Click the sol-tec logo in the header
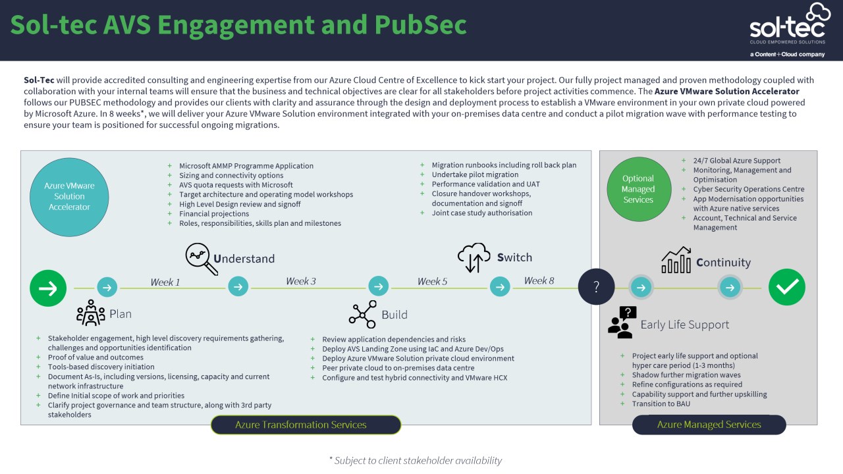point(787,29)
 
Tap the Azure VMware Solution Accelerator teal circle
point(69,196)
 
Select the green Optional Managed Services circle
point(638,189)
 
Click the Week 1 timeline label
point(165,282)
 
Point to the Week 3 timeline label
point(301,281)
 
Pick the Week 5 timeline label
point(432,282)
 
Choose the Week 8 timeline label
point(539,281)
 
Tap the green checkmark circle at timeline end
point(787,288)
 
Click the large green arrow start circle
point(48,288)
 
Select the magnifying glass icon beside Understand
point(202,259)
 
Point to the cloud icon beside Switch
point(474,257)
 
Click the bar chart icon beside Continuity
point(676,261)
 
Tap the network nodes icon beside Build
point(362,314)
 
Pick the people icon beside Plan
point(91,313)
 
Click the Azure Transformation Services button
point(306,425)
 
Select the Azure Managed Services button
point(709,425)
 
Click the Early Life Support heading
point(684,325)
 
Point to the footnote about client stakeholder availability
point(415,460)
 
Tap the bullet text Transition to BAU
point(661,404)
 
